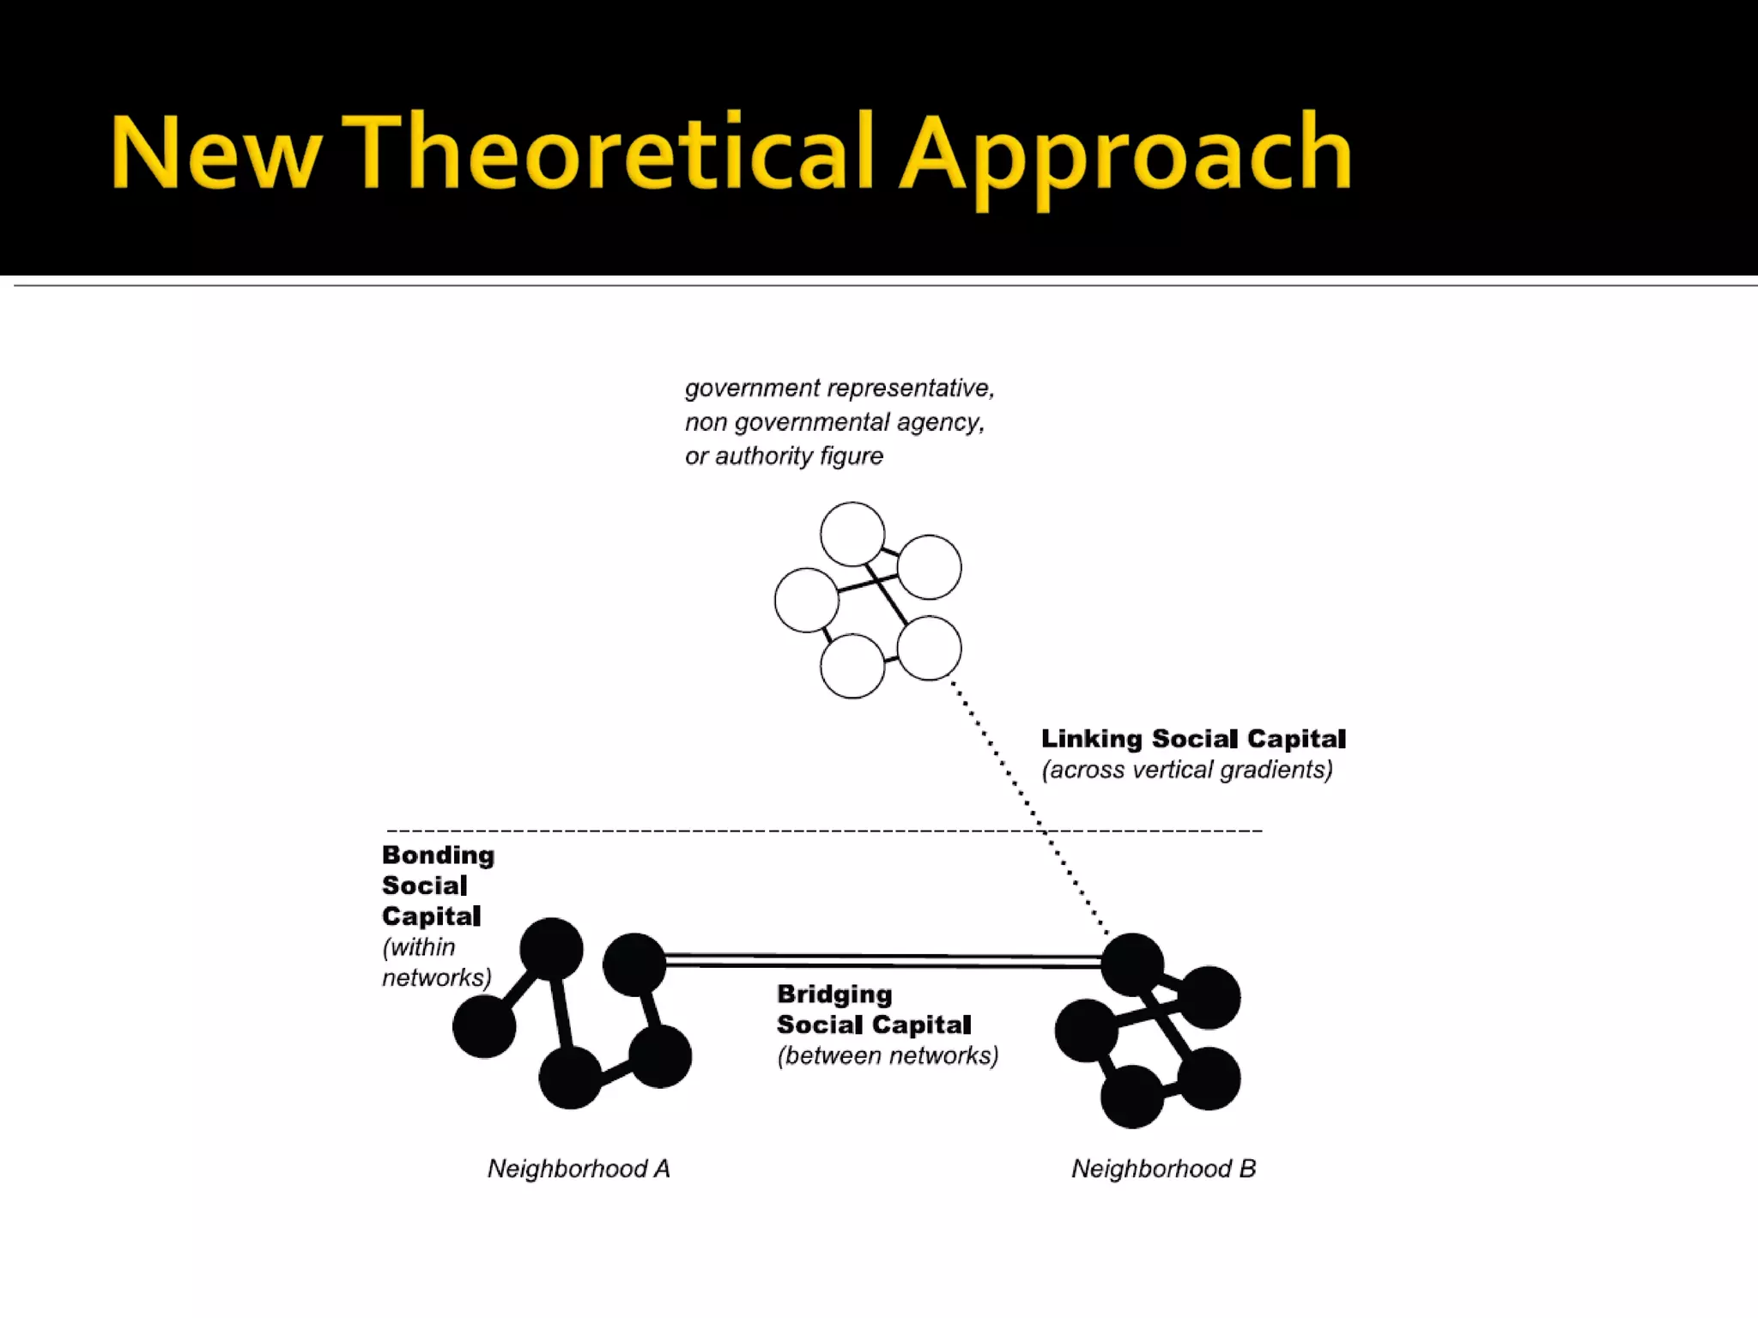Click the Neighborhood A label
point(579,1169)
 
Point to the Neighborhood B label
point(1163,1169)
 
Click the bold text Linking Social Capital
point(1193,739)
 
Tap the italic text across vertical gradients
point(1187,770)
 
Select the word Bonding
point(438,855)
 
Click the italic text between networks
point(888,1055)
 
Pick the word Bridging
point(834,995)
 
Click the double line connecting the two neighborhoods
point(884,960)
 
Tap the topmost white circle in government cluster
point(852,535)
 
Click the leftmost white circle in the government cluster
point(806,600)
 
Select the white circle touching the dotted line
point(929,648)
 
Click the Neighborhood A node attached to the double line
point(634,964)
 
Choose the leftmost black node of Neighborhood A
point(484,1026)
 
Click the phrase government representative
point(840,389)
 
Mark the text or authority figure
point(784,456)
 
